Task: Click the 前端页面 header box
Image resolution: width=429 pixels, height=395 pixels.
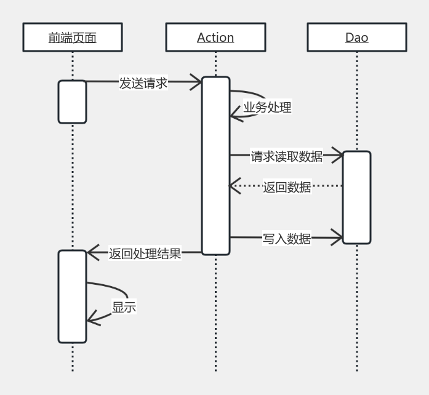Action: (73, 38)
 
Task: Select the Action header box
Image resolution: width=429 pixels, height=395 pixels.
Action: (215, 38)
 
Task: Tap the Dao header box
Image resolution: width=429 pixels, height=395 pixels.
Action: (356, 38)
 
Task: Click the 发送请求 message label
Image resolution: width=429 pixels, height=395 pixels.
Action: (143, 83)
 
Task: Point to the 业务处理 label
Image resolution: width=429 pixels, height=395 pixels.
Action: (267, 107)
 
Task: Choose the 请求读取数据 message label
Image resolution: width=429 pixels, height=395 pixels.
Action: (286, 156)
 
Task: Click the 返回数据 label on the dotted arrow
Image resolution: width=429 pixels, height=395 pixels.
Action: (287, 187)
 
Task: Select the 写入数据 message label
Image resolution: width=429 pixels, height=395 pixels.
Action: (287, 239)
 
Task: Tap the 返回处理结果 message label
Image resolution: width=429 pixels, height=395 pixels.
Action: (145, 253)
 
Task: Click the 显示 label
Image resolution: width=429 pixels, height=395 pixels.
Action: (124, 307)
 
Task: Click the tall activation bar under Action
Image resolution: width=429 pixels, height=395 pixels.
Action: (216, 166)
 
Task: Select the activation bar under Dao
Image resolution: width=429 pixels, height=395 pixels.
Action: (356, 197)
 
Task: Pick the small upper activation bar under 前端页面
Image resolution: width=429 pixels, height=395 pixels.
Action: (73, 102)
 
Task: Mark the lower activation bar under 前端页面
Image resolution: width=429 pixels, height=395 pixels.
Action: (73, 296)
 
